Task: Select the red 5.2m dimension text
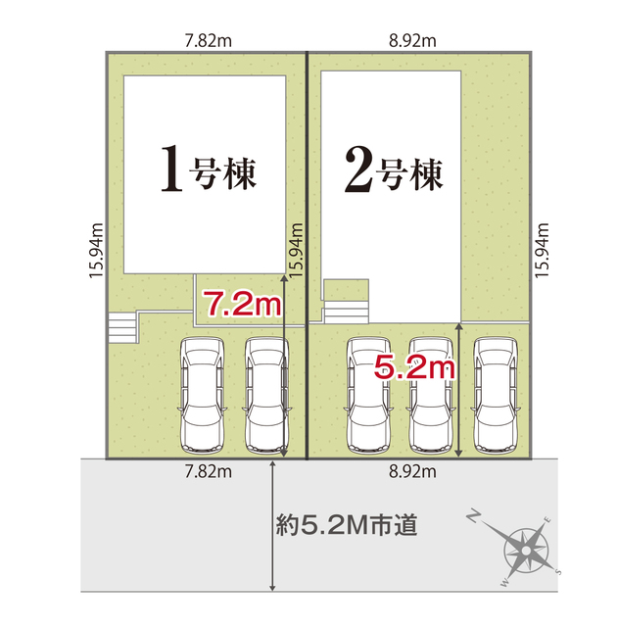click(415, 368)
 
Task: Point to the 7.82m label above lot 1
click(207, 42)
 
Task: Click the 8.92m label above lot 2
click(413, 42)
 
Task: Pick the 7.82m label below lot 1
click(207, 473)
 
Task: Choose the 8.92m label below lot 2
click(412, 473)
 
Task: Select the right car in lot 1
click(266, 394)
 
